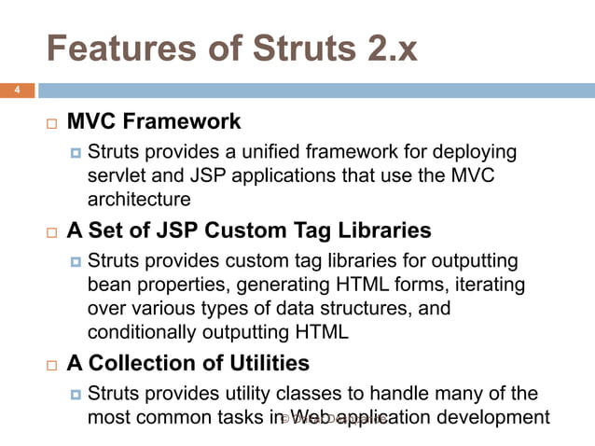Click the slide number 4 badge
pos(16,91)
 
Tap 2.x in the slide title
pos(386,48)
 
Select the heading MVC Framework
pos(154,122)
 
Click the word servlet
pos(116,175)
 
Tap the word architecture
pos(139,199)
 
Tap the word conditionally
pos(143,330)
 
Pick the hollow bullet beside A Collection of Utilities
pos(51,364)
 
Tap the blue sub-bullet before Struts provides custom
pos(76,261)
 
